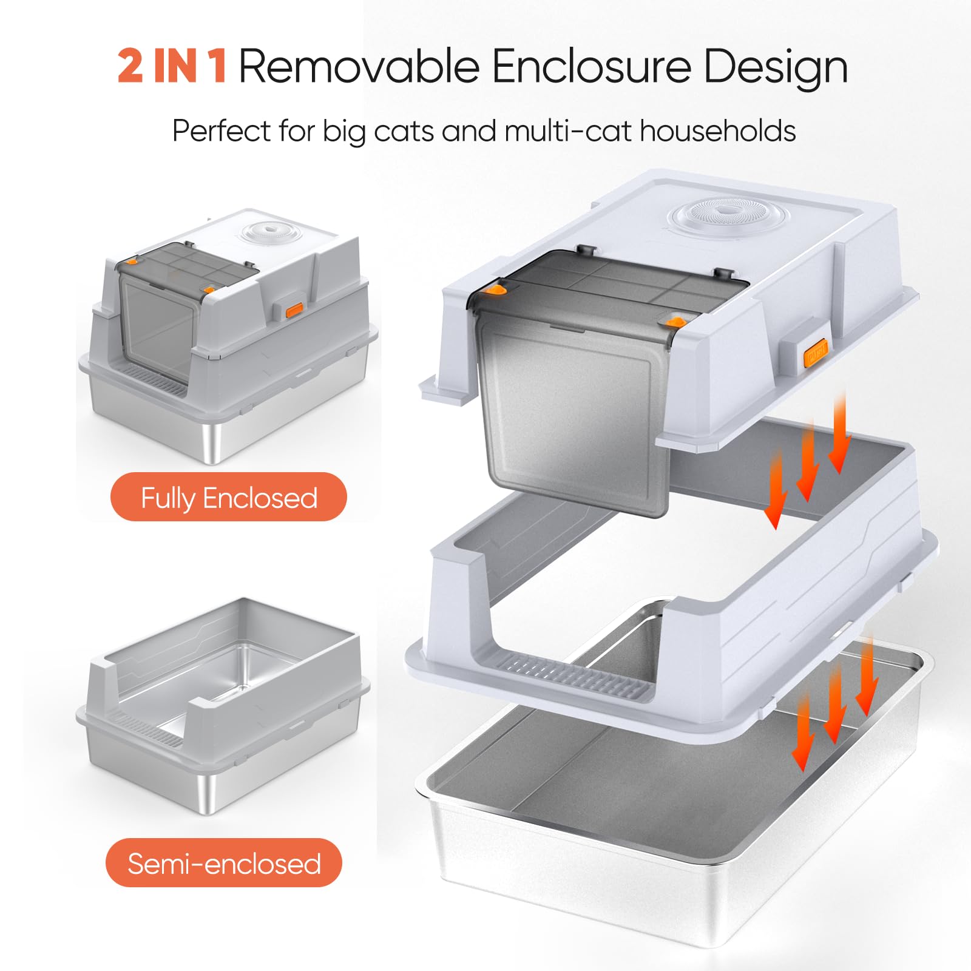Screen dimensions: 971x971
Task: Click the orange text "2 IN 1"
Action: [x=173, y=66]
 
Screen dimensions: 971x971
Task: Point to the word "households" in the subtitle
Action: [x=718, y=130]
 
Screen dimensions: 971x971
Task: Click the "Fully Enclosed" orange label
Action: [x=229, y=496]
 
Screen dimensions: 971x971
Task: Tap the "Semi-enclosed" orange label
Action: [x=224, y=862]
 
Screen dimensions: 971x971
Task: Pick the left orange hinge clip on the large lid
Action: [x=498, y=289]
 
